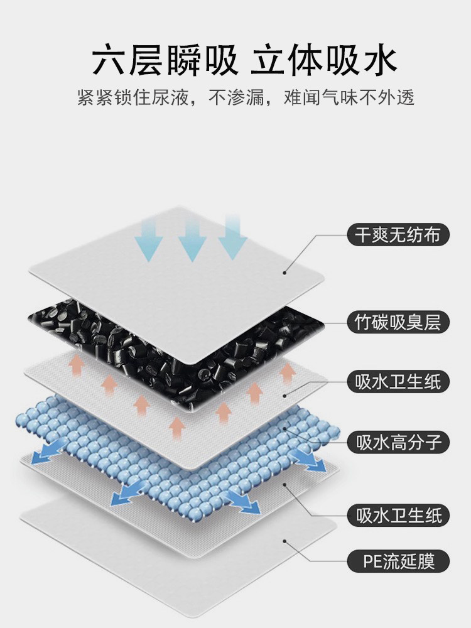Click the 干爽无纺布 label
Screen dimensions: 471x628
click(398, 235)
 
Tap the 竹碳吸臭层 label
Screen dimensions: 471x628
click(398, 323)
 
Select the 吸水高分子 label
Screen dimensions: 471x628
click(398, 441)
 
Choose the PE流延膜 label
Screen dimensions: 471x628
click(398, 560)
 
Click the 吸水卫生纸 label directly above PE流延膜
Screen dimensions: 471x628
click(398, 516)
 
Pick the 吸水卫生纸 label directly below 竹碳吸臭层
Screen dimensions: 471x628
click(398, 381)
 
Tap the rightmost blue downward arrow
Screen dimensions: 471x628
click(232, 236)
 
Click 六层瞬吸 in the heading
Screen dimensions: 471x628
click(165, 61)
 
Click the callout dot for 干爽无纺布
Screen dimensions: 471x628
click(284, 272)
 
